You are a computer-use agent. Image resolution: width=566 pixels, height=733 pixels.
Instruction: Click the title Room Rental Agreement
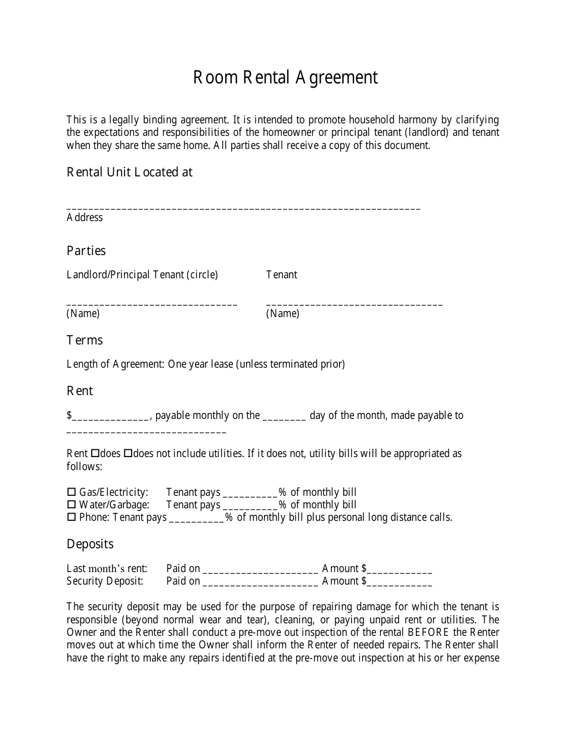[x=285, y=77]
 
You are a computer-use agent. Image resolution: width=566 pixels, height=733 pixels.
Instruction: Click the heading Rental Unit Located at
[x=129, y=172]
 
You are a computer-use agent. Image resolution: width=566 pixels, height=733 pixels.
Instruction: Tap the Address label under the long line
[x=85, y=218]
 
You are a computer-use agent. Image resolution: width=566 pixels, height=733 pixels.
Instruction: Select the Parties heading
[x=86, y=251]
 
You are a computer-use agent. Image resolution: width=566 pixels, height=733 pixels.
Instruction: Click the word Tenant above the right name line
[x=281, y=275]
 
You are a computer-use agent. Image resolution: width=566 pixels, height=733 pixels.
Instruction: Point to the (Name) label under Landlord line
[x=83, y=313]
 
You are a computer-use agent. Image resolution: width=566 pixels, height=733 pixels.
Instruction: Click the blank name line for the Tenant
[x=354, y=303]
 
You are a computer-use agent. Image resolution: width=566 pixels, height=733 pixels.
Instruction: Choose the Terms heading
[x=85, y=340]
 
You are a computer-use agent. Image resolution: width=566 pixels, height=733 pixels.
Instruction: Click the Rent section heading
[x=80, y=391]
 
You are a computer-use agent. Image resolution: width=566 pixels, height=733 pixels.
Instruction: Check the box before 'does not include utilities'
[x=127, y=454]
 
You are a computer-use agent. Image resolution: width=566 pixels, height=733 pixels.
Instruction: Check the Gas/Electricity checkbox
[x=71, y=492]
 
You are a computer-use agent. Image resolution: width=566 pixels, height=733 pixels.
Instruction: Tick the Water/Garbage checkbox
[x=71, y=505]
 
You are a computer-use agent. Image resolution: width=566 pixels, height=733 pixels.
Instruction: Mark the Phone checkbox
[x=71, y=517]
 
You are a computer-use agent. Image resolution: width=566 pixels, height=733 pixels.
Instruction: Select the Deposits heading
[x=90, y=544]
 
